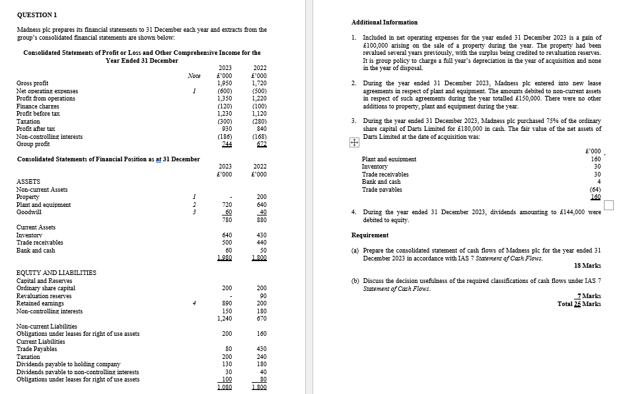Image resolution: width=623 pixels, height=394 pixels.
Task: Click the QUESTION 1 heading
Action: (37, 14)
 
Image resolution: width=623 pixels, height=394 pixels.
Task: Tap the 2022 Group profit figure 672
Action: (260, 144)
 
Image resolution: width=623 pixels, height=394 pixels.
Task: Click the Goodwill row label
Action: (29, 212)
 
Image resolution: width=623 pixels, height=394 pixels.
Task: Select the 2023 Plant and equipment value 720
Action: (225, 205)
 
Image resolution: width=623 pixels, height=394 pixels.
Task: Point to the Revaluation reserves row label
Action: (43, 296)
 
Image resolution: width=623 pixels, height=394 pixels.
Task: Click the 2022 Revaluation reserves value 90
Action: (262, 296)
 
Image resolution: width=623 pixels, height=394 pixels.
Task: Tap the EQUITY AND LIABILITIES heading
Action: (56, 272)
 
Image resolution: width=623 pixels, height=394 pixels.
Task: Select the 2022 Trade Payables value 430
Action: (260, 349)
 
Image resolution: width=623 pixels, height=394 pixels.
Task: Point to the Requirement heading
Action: (370, 235)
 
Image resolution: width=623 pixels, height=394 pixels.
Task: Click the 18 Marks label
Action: (587, 265)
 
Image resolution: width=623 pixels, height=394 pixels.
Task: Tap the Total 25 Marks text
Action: (579, 303)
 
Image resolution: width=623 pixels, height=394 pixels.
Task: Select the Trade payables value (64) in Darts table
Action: (594, 189)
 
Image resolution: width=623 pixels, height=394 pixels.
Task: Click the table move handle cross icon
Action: (353, 142)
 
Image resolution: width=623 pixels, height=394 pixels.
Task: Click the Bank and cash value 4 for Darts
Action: (599, 182)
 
